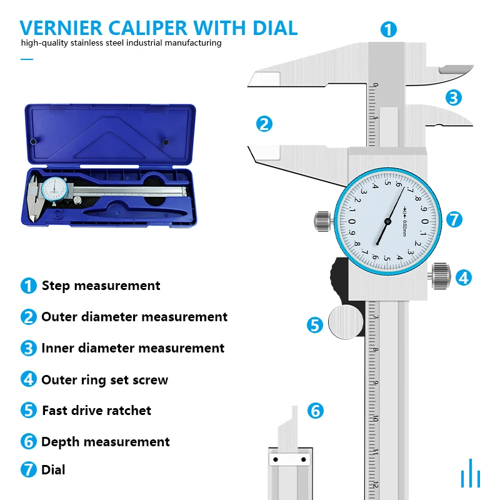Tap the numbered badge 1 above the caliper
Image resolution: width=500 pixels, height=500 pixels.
[389, 29]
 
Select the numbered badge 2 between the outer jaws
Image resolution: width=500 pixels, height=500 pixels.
[264, 124]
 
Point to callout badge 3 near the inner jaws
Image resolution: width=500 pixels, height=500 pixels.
[454, 97]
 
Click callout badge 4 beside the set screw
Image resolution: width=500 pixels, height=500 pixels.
[463, 277]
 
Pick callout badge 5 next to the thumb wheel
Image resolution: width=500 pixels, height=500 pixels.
[315, 325]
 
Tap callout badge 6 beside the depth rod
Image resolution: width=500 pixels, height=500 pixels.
[316, 411]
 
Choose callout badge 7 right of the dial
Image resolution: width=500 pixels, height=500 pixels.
[454, 219]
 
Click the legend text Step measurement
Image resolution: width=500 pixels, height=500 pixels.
[101, 286]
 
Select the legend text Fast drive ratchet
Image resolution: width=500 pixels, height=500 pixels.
[96, 411]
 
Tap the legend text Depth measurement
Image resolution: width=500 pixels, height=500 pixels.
[105, 442]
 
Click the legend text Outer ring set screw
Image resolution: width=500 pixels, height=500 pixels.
[104, 380]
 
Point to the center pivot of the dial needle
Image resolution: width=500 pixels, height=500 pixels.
[388, 221]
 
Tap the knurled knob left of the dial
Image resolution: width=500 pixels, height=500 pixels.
[321, 220]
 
